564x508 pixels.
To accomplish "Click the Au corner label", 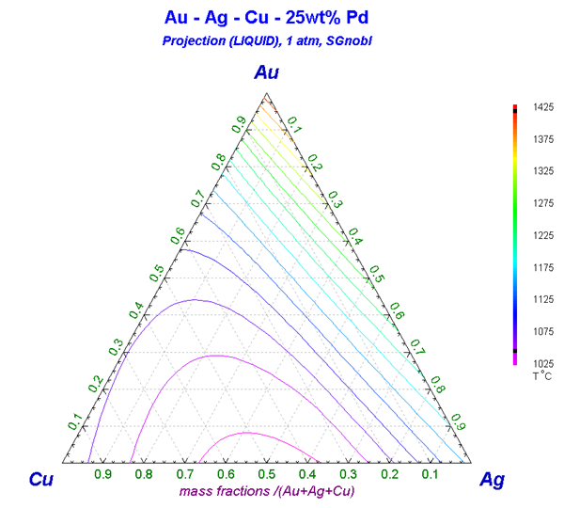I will click(267, 73).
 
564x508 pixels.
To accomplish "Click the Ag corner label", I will click(492, 479).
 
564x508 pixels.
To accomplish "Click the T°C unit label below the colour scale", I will click(541, 376).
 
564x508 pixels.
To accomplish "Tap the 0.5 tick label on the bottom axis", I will click(266, 475).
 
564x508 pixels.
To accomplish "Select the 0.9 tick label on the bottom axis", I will click(102, 475).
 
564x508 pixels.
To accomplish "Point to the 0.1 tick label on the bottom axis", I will click(429, 475).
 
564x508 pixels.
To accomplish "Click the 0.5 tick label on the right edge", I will click(376, 273).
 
